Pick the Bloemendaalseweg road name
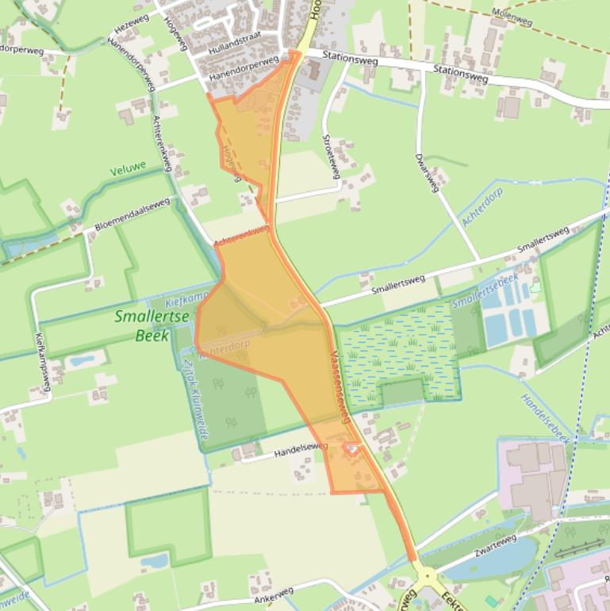click(132, 215)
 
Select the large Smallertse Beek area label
click(142, 325)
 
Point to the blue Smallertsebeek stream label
click(485, 290)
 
